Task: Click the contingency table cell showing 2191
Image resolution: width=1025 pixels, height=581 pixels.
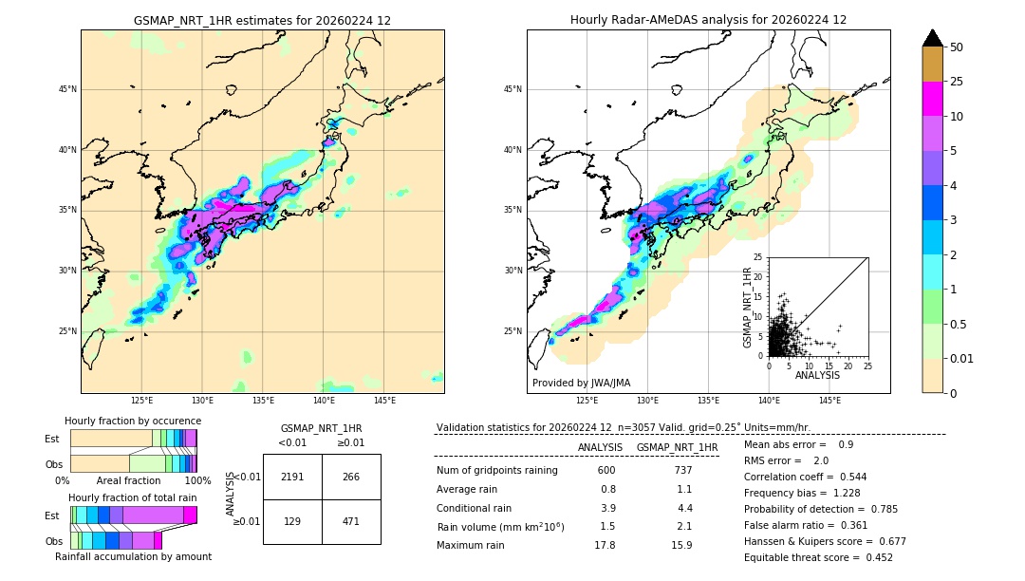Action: [292, 477]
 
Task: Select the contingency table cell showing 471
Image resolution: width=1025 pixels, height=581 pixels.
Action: [351, 521]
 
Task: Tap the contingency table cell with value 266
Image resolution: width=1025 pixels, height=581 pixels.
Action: [351, 477]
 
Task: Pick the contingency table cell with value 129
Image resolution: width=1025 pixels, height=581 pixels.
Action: [292, 521]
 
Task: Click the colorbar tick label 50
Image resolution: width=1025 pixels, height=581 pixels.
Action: [957, 47]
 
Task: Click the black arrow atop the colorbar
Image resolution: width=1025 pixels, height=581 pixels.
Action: [932, 38]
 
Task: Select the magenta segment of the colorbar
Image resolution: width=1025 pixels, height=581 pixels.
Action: [932, 99]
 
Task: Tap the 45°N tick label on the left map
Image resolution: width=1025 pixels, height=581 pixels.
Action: [66, 89]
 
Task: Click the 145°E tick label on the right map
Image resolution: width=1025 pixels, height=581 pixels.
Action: [829, 401]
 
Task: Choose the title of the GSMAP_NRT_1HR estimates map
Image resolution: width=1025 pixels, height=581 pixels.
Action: [262, 20]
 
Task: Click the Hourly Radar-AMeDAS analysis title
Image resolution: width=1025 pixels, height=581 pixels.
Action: [708, 20]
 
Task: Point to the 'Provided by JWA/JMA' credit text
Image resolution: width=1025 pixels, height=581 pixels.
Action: [581, 384]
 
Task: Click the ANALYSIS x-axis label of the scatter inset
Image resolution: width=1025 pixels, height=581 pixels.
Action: [817, 375]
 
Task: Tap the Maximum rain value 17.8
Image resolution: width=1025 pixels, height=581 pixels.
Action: [606, 545]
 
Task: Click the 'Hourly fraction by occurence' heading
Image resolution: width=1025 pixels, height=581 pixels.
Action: [133, 421]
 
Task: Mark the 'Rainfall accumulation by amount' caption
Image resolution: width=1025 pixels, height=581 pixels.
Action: [133, 556]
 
